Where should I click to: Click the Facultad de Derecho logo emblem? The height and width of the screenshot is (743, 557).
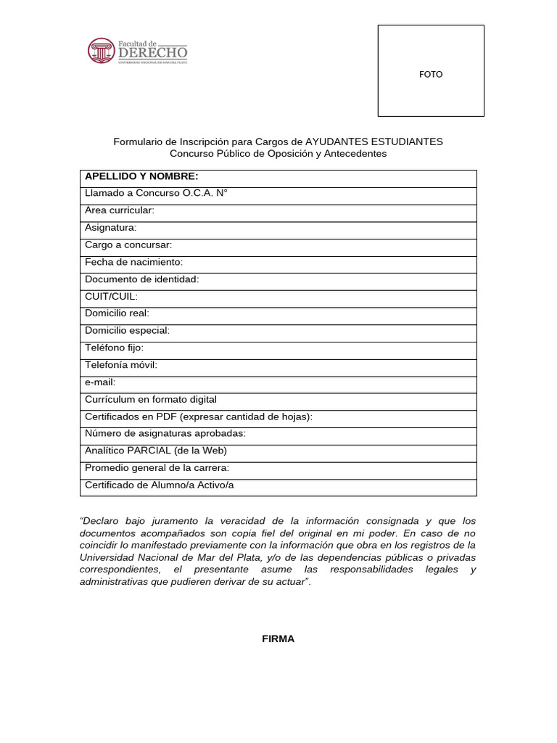tap(101, 51)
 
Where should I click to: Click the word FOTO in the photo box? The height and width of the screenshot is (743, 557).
tap(431, 74)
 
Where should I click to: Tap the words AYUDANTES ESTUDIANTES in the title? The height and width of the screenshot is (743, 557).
tap(374, 141)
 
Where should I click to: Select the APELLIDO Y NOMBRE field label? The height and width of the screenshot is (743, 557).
tap(141, 176)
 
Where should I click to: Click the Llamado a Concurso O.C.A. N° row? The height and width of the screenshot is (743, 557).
tap(157, 193)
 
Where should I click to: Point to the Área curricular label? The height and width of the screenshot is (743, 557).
tap(120, 210)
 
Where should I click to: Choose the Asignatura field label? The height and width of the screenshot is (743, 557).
tap(111, 228)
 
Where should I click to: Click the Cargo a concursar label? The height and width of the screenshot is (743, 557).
tap(128, 245)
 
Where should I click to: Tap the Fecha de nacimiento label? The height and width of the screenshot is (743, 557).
tap(134, 262)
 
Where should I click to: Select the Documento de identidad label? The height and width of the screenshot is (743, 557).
tap(141, 279)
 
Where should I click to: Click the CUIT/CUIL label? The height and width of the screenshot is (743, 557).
tap(111, 297)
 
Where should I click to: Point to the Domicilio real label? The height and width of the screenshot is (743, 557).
tap(117, 313)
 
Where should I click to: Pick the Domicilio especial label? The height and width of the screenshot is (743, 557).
tap(127, 331)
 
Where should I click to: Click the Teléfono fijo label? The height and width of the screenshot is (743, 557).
tap(114, 348)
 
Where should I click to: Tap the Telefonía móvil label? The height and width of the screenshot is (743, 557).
tap(120, 365)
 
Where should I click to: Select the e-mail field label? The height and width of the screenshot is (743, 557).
tap(100, 382)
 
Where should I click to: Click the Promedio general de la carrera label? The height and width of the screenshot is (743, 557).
tap(157, 468)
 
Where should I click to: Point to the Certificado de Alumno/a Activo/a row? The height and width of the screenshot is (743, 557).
tap(160, 485)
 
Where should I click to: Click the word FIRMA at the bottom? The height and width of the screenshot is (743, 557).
tap(278, 639)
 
